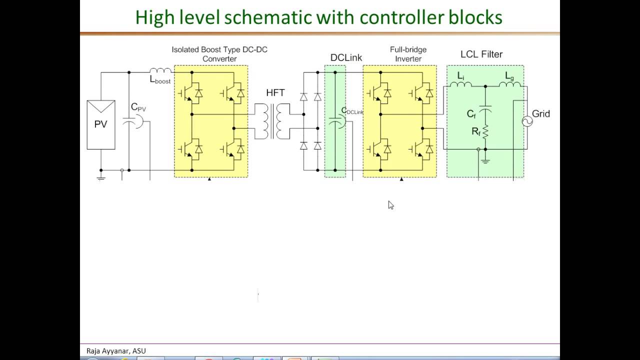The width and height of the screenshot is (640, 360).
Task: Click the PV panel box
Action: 101,124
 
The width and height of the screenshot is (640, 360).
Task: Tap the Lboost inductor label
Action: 160,79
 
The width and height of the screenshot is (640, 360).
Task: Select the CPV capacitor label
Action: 138,107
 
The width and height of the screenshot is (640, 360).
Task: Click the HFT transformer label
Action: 275,93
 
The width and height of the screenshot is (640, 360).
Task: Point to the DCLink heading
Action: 346,58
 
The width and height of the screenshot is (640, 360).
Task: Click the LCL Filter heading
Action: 481,54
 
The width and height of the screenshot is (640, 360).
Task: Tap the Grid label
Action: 540,114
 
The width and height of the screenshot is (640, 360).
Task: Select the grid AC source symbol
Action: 527,121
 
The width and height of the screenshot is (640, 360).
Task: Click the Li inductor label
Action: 460,76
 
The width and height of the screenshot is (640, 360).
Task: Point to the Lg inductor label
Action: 509,76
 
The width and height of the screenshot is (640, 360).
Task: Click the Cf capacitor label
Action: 471,114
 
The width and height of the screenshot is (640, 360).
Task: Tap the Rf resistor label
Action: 475,132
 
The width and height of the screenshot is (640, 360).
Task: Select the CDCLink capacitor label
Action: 352,111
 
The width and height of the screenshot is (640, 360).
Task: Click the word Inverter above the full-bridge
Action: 408,59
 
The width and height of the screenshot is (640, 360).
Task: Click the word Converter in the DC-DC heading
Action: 219,59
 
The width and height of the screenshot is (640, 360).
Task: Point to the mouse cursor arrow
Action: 390,205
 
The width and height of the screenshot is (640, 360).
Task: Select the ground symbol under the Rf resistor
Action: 485,160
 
